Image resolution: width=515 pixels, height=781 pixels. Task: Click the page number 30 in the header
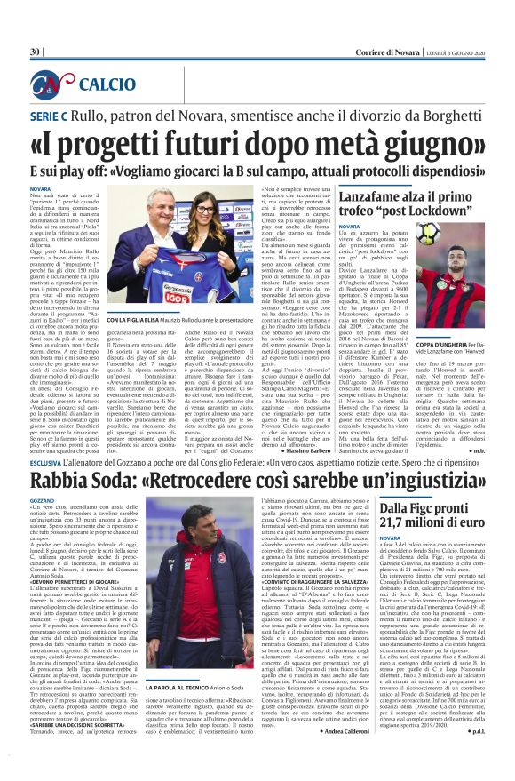pos(36,52)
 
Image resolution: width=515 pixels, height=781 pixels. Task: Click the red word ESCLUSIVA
pos(49,463)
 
